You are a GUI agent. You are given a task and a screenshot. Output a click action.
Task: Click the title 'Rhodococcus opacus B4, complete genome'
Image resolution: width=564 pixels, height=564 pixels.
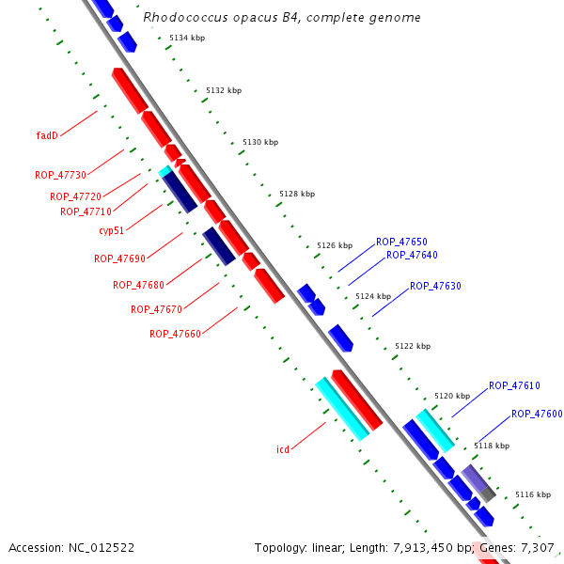point(282,18)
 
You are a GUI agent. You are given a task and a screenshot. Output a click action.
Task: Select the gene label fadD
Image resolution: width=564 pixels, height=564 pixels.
point(47,135)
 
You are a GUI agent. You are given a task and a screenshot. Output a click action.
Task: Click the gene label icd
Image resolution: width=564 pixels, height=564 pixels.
point(282,449)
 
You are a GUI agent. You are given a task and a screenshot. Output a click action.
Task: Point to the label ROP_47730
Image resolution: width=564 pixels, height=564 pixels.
point(60,175)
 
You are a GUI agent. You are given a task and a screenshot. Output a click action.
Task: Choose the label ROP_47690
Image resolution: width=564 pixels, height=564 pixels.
point(119,258)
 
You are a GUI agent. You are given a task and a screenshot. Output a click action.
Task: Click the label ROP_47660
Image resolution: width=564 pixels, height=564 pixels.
point(175,334)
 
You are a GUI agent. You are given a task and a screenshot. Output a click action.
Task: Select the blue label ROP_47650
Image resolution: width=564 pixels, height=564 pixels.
point(401,242)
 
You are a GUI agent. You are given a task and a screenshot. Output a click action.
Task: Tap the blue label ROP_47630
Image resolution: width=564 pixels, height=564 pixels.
point(435,286)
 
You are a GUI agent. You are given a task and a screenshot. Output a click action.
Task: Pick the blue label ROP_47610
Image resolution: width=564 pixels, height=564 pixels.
point(514,385)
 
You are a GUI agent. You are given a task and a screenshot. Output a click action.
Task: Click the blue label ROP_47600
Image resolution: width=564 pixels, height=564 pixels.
point(537,414)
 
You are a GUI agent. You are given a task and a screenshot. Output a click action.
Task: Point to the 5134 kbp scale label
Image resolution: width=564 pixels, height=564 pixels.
point(187,38)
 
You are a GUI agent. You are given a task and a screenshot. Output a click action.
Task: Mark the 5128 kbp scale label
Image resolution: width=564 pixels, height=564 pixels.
point(297,194)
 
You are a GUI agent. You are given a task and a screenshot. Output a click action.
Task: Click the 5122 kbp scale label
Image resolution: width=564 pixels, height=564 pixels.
point(413,346)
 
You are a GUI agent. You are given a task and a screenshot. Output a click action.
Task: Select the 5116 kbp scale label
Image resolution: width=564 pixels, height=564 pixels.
point(533,494)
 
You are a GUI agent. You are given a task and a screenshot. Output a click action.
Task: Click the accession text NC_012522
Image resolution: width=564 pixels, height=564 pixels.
point(101,547)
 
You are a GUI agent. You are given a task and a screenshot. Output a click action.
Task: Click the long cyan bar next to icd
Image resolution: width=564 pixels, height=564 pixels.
point(341,409)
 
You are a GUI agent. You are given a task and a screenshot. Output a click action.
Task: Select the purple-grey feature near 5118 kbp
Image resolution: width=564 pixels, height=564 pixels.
point(478,482)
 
